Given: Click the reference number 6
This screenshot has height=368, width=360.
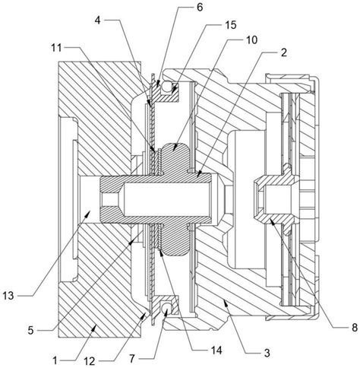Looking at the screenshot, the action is click(200, 8).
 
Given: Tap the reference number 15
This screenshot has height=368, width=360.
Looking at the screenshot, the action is click(230, 25).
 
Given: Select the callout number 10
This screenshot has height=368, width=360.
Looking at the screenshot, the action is click(251, 40).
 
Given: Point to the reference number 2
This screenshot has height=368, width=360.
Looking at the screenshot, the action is click(284, 52).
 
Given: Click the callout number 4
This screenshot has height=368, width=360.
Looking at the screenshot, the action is click(98, 21).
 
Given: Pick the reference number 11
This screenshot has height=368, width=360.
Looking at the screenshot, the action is click(57, 47).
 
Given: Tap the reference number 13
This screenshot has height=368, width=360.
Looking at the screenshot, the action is click(8, 296).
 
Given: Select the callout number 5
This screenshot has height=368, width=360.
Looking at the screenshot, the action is click(30, 331).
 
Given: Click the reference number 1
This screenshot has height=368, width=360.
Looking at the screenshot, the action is click(55, 360).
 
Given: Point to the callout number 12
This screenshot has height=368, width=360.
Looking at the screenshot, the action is click(89, 361).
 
